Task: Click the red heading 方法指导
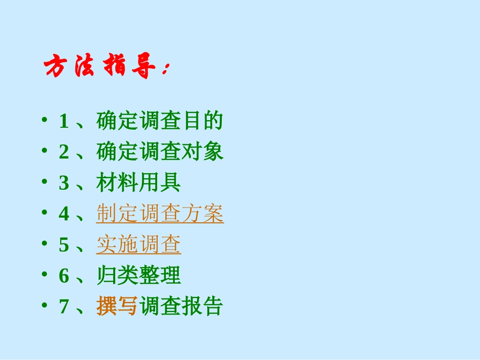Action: (99, 67)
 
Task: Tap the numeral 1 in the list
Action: (64, 121)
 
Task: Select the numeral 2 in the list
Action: (64, 152)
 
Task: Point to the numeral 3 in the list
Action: (64, 183)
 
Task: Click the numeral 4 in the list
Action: (64, 214)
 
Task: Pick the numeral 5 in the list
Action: (64, 245)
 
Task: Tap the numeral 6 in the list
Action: (64, 276)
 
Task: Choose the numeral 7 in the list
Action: (64, 306)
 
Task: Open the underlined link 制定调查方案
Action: (160, 214)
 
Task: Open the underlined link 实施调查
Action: (138, 245)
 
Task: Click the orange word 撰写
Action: (117, 306)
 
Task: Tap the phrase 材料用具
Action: (138, 183)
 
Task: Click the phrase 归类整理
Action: (138, 276)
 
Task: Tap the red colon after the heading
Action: (166, 71)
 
